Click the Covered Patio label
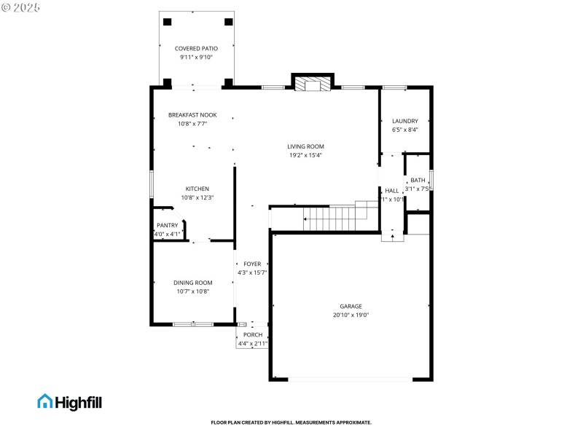click(x=196, y=49)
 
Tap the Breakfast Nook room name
click(x=192, y=115)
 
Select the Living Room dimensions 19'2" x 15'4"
click(x=305, y=154)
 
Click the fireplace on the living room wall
click(x=313, y=84)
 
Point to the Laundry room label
click(x=404, y=121)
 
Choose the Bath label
click(x=418, y=180)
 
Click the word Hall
click(x=391, y=191)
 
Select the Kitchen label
click(x=197, y=189)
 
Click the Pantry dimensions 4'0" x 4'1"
click(x=167, y=234)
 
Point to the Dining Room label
click(x=192, y=283)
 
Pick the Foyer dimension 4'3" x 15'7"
click(x=252, y=272)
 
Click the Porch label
click(x=253, y=334)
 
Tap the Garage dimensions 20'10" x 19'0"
click(x=351, y=315)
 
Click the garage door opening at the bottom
click(x=351, y=379)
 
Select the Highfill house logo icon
click(x=44, y=401)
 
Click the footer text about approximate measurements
click(x=291, y=422)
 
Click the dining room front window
click(x=192, y=323)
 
